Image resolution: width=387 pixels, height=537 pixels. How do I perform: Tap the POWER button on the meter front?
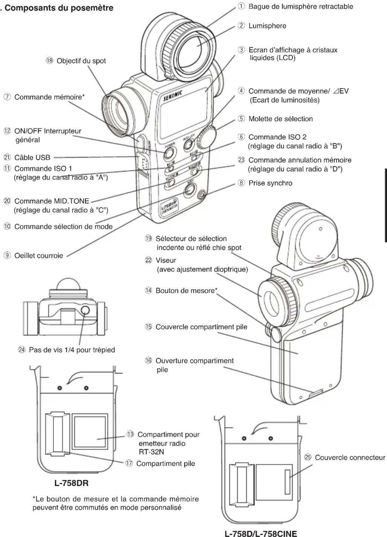click(169, 153)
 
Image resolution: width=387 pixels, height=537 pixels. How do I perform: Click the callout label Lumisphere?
click(267, 26)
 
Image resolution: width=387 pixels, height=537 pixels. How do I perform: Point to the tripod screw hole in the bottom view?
click(85, 310)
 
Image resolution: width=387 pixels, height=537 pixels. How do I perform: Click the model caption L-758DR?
click(71, 483)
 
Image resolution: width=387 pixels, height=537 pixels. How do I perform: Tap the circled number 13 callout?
click(130, 434)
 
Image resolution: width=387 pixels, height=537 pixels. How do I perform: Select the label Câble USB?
click(32, 157)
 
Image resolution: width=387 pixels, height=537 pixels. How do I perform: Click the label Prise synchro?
click(270, 183)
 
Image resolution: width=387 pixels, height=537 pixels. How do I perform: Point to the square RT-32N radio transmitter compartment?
click(90, 431)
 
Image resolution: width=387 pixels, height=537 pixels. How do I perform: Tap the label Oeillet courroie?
click(39, 256)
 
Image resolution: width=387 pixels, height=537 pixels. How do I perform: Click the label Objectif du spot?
click(81, 61)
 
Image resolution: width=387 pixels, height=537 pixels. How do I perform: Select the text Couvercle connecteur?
click(350, 458)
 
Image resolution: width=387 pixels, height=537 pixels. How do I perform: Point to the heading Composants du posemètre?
click(59, 8)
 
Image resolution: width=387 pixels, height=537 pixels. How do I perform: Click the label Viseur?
click(166, 260)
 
